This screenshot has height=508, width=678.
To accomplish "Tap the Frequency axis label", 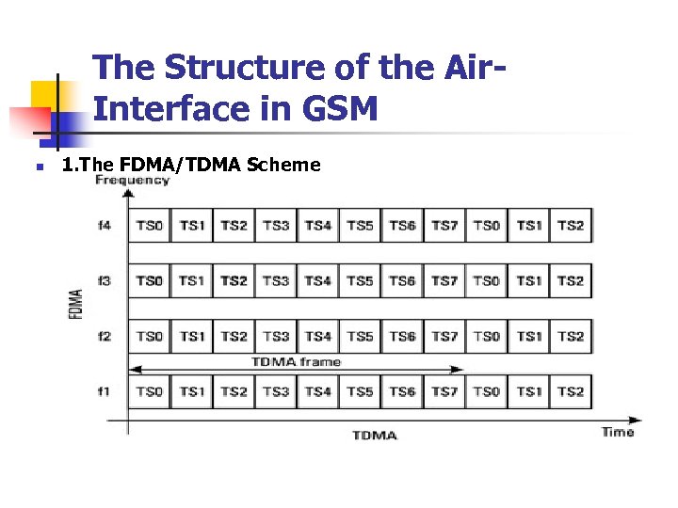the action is [132, 180].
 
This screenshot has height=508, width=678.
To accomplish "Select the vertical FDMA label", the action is [76, 303].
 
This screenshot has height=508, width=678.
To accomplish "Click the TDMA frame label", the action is [296, 362].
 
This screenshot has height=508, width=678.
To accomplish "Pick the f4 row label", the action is [104, 226].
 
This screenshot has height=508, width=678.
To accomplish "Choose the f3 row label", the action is [104, 280].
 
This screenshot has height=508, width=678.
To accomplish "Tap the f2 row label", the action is [104, 336].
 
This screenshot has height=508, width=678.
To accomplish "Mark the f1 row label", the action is [104, 390].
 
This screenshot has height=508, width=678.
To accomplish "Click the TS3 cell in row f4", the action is [276, 226].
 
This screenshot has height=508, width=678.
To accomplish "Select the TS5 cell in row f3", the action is [360, 280].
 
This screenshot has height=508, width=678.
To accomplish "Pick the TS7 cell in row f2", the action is [444, 336].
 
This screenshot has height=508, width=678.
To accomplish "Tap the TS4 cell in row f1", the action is [318, 390].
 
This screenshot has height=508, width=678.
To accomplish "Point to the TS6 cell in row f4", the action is [402, 226].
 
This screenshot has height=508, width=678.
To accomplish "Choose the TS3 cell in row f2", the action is [276, 336].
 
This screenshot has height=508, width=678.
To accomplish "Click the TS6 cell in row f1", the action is [402, 390].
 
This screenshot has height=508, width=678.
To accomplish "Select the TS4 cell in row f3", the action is [318, 280].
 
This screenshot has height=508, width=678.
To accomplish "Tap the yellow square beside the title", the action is [48, 97].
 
